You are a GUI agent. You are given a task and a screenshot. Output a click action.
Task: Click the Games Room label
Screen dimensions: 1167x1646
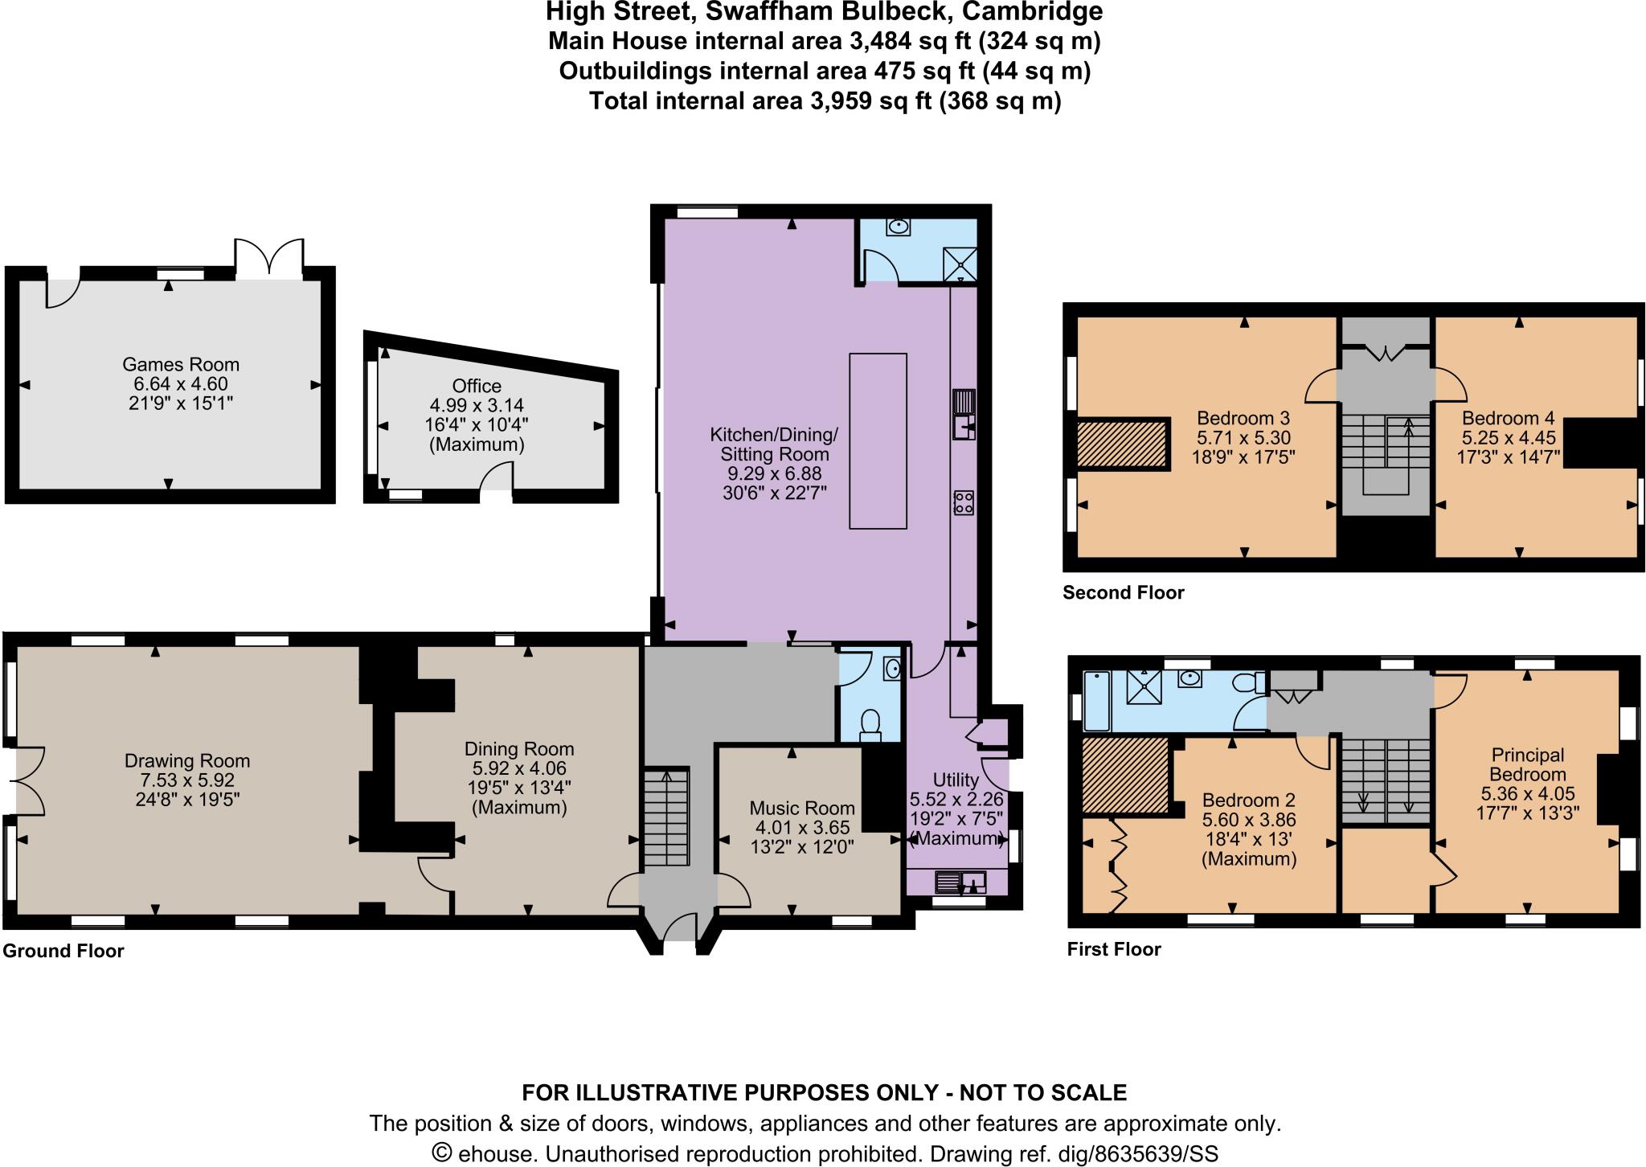[181, 365]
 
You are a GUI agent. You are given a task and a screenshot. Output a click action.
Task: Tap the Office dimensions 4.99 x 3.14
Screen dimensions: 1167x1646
[477, 405]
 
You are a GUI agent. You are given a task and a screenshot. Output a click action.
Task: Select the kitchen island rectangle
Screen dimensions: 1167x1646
[878, 440]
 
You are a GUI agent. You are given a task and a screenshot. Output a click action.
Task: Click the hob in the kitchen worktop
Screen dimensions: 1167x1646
[964, 503]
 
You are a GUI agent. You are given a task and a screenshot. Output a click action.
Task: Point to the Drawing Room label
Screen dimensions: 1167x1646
[187, 760]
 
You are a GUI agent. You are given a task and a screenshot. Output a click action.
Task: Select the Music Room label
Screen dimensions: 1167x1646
[802, 808]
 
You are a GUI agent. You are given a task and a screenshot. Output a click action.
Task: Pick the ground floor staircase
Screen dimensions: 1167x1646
[667, 816]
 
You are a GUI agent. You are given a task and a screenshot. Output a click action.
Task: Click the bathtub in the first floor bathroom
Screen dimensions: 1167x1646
[1095, 701]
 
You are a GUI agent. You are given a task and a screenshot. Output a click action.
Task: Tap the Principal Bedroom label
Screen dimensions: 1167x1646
[1527, 764]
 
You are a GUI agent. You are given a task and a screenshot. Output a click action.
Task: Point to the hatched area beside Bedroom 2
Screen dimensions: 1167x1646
[1124, 776]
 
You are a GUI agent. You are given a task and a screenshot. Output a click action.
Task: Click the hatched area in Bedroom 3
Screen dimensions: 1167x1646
[1121, 444]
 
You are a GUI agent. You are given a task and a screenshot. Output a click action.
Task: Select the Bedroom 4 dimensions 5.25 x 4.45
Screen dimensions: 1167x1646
[1509, 438]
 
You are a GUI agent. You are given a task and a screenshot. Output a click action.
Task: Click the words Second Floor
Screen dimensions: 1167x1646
[1123, 593]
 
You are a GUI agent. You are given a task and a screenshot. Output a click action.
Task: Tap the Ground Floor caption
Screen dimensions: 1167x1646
[63, 952]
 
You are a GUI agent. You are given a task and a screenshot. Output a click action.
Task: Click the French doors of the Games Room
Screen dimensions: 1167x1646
[269, 259]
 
